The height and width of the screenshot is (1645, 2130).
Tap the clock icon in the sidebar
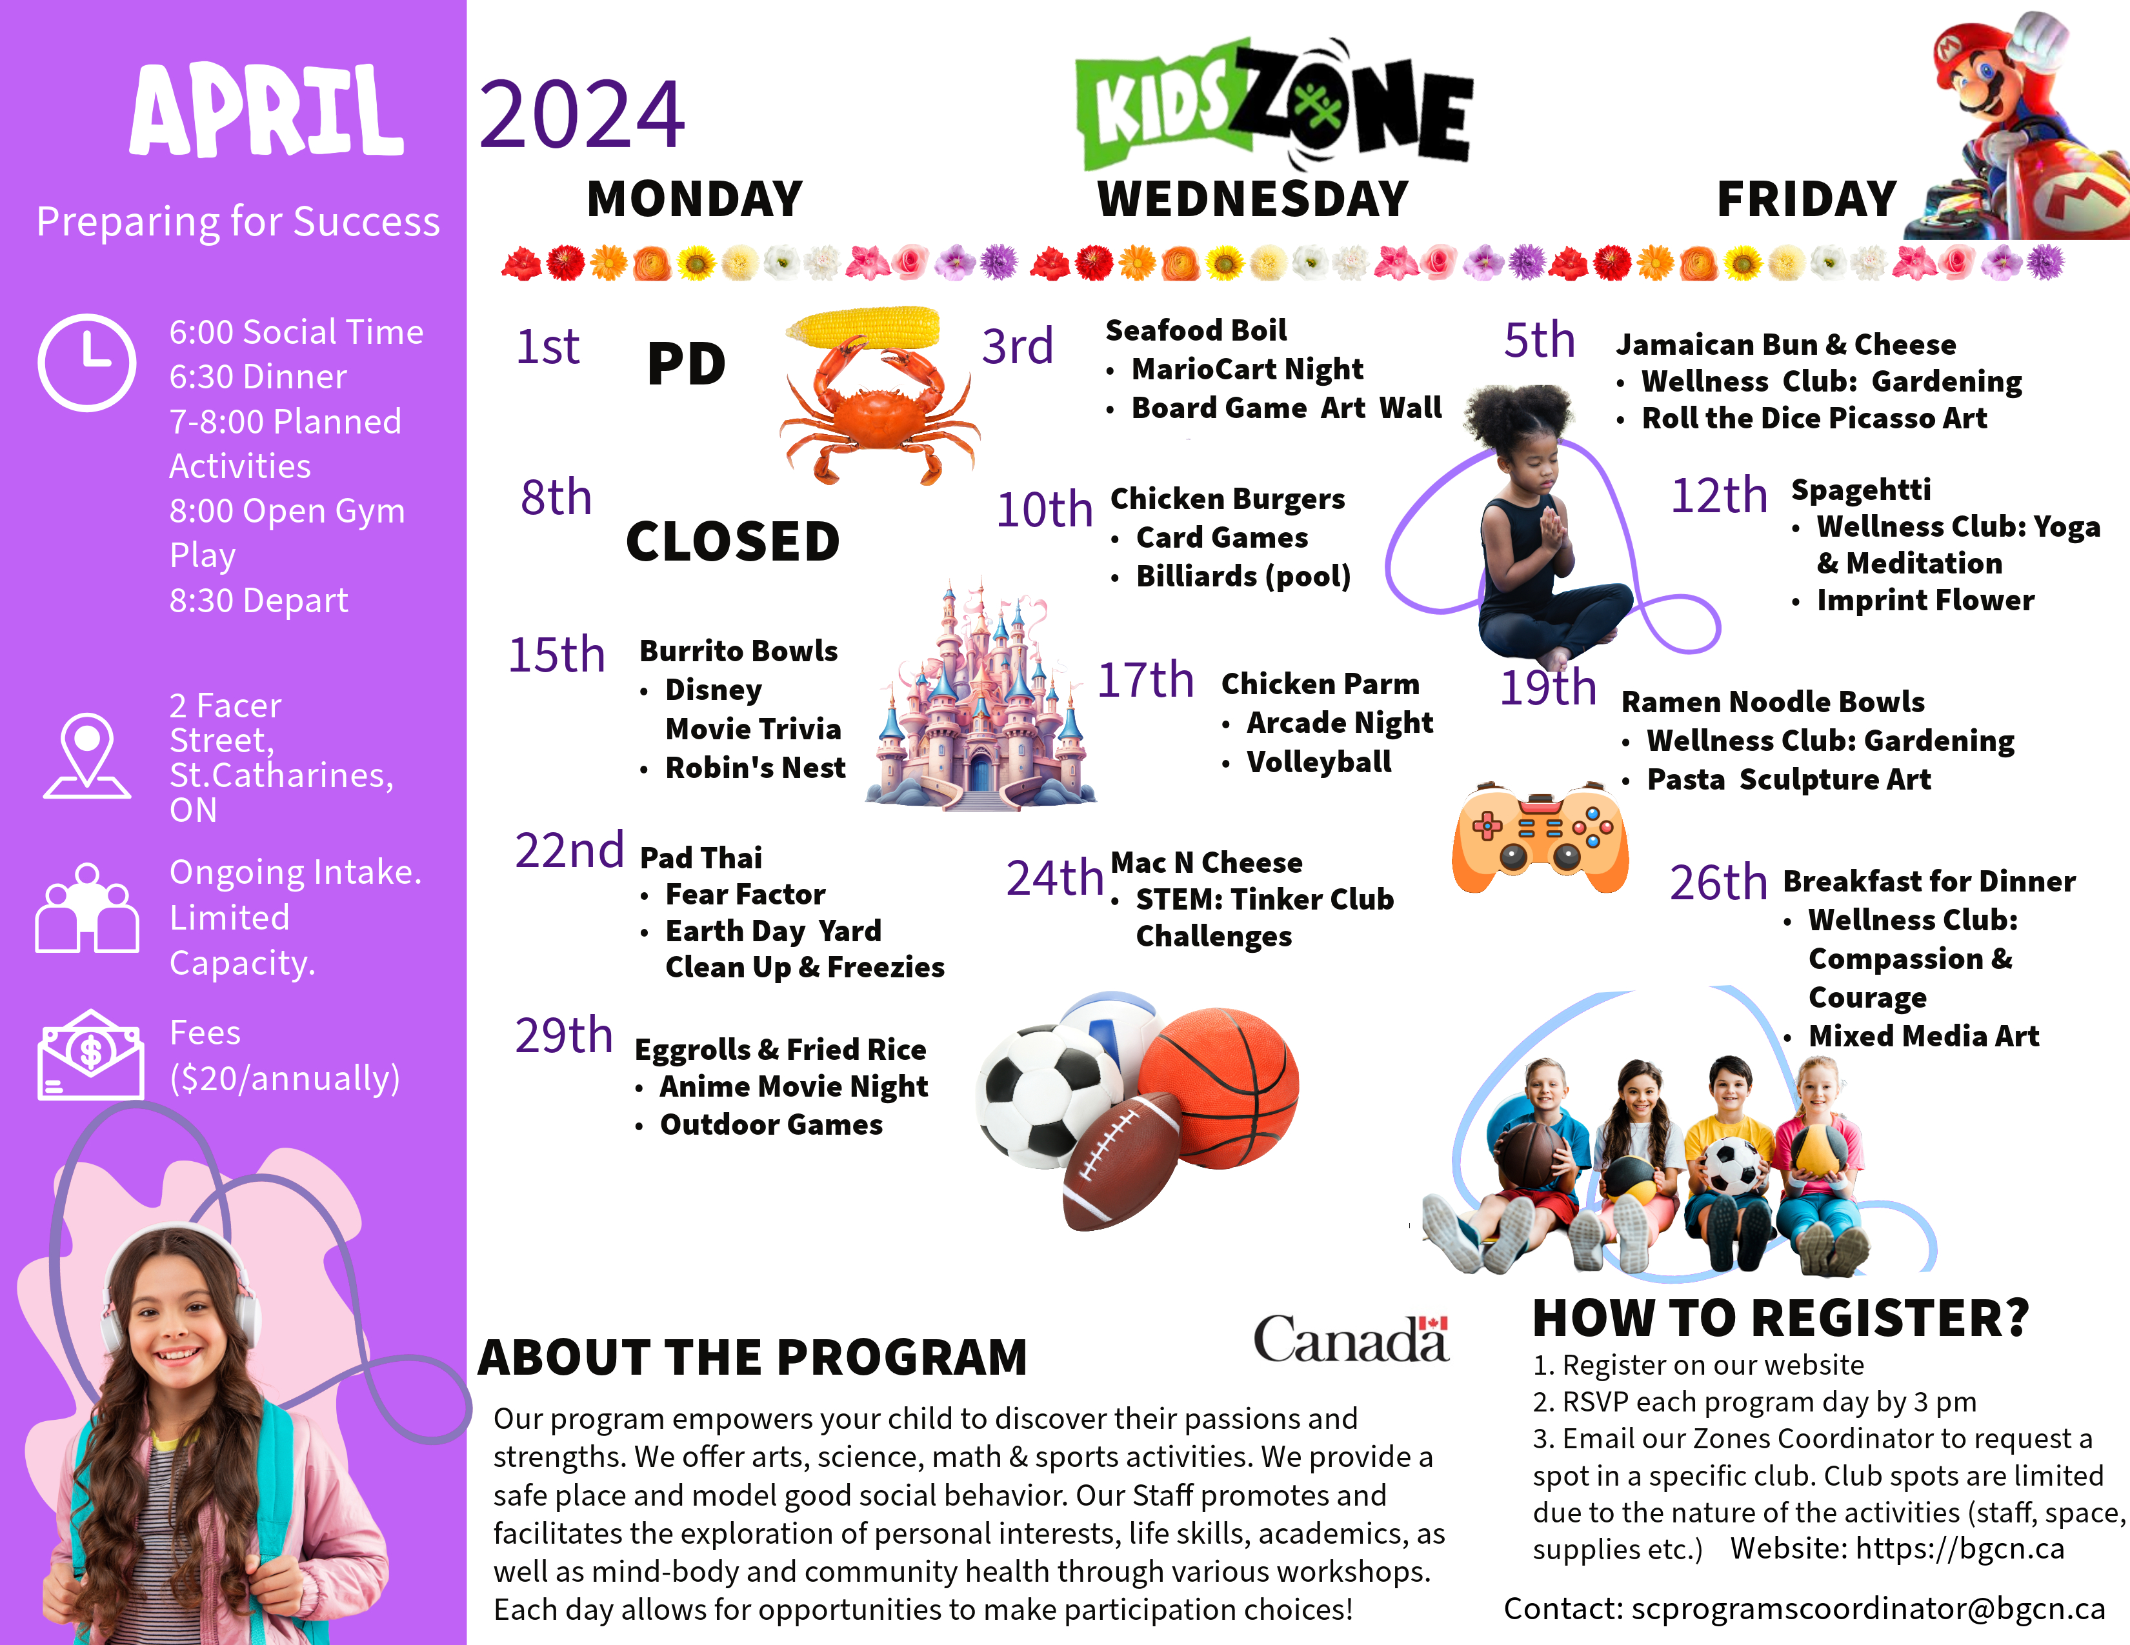[87, 362]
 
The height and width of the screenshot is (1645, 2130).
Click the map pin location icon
[87, 755]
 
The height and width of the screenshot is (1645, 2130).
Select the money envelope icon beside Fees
[90, 1056]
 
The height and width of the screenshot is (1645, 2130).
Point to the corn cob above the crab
[863, 326]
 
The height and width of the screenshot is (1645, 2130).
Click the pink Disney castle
[980, 702]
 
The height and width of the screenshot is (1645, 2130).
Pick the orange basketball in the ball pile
[1219, 1082]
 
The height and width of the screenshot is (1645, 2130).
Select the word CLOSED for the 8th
[732, 541]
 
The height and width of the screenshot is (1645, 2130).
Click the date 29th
[564, 1035]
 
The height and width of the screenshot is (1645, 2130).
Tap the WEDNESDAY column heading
[1253, 199]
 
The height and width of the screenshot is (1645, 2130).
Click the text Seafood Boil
[1196, 330]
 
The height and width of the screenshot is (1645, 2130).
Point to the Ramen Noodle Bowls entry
[1772, 702]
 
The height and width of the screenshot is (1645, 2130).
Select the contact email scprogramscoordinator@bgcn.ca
[1867, 1608]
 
